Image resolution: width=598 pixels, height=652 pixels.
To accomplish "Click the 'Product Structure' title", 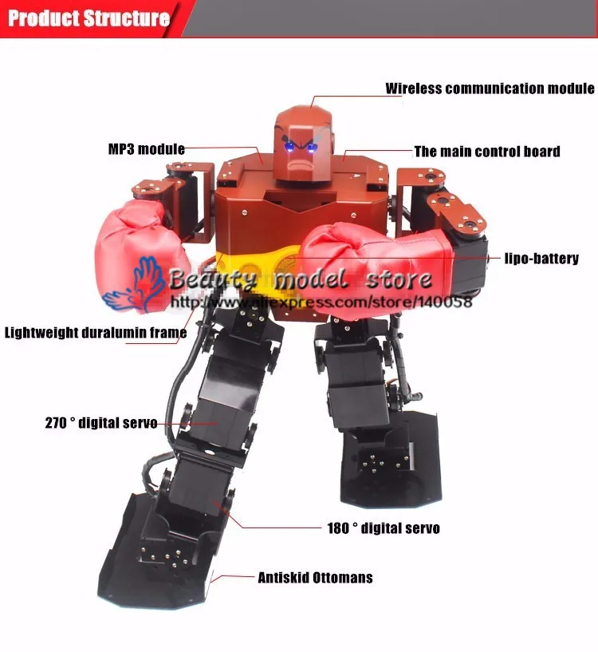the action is (x=89, y=18).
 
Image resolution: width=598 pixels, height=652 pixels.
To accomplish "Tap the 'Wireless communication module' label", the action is (x=490, y=89).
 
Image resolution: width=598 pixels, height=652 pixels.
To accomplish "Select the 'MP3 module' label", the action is (x=146, y=149).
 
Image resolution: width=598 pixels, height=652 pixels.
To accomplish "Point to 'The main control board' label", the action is (x=487, y=152).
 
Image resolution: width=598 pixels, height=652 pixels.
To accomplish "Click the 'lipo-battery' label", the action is (x=541, y=259).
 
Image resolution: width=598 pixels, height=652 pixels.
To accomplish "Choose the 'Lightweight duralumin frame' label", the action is (x=96, y=333).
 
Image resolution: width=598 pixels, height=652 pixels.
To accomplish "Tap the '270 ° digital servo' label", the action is (x=101, y=423).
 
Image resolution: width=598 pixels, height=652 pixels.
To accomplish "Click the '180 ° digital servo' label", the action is (x=384, y=528).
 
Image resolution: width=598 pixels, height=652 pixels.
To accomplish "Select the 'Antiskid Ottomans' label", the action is (x=315, y=578).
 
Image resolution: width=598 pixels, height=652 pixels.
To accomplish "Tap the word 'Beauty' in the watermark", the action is (x=213, y=279).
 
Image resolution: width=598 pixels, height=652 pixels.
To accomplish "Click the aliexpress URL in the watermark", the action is (x=321, y=302).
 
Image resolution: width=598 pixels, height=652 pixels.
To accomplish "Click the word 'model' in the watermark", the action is (x=310, y=279).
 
